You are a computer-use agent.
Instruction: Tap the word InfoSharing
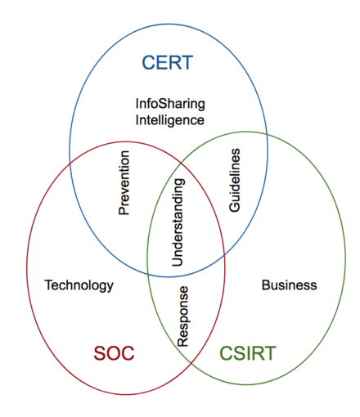coord(170,104)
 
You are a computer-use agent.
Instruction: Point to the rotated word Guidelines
coord(235,181)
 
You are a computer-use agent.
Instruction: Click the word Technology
coord(79,285)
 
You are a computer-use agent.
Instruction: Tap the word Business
coord(289,285)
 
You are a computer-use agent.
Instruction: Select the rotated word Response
coord(184,316)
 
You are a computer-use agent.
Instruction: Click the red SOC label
coord(114,353)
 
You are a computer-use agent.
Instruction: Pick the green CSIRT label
coord(248,353)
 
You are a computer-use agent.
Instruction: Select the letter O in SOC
coord(114,353)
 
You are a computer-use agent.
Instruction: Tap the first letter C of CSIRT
coord(227,353)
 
